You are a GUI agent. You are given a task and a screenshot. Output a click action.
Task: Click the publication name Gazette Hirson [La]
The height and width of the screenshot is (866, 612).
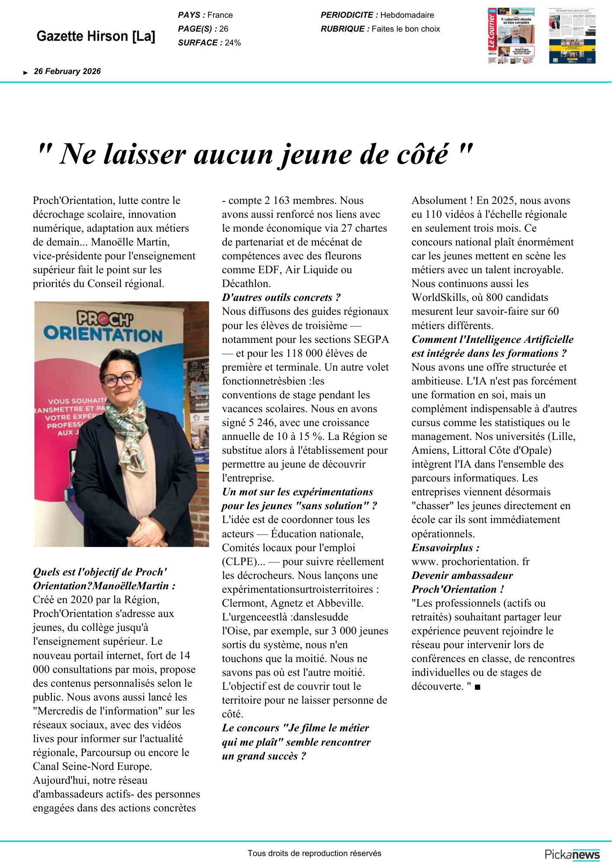pyautogui.click(x=96, y=36)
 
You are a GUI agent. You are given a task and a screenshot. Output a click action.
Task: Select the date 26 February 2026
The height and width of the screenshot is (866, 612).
pyautogui.click(x=67, y=71)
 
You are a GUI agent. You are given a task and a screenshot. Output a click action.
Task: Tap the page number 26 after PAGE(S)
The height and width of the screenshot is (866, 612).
pyautogui.click(x=224, y=29)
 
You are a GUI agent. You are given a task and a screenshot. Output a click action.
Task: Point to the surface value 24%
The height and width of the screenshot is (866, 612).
pyautogui.click(x=233, y=43)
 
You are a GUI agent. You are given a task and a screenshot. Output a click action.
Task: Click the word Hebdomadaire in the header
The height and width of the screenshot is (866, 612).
pyautogui.click(x=407, y=15)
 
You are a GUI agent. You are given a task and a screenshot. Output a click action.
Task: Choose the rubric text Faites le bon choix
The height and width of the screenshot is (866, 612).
pyautogui.click(x=406, y=29)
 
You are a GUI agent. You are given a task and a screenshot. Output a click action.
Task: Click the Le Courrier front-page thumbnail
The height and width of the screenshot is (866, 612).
pyautogui.click(x=511, y=36)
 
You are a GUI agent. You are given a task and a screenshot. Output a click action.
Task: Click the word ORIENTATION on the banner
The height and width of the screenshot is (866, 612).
pyautogui.click(x=103, y=334)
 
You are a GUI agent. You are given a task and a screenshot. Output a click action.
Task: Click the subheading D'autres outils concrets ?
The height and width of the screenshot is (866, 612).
pyautogui.click(x=281, y=297)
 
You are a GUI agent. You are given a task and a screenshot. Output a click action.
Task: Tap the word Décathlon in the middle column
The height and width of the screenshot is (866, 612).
pyautogui.click(x=246, y=284)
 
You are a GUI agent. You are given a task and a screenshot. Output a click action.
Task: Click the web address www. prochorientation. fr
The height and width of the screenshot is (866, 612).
pyautogui.click(x=470, y=562)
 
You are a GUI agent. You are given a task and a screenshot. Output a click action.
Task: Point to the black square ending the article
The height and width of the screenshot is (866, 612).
pyautogui.click(x=477, y=687)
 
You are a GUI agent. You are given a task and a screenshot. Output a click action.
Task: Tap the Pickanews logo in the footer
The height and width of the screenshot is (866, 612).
pyautogui.click(x=572, y=854)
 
